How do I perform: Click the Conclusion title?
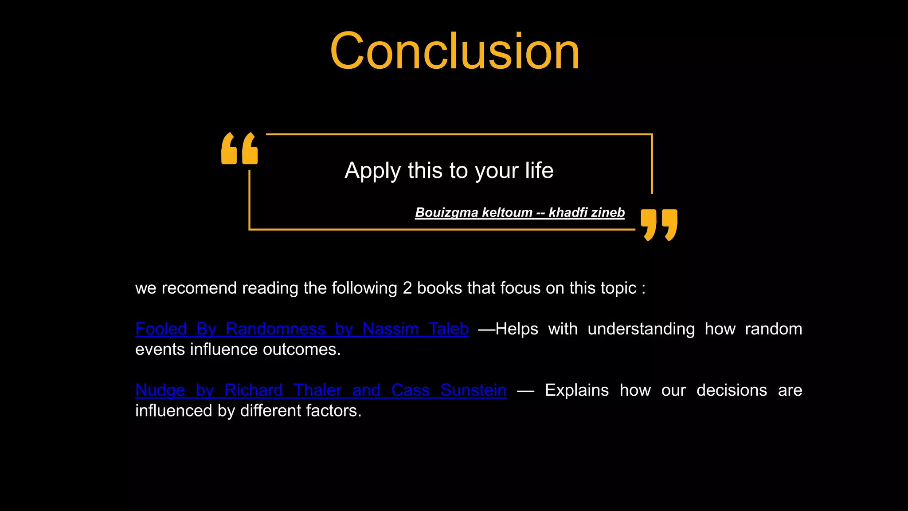click(x=454, y=51)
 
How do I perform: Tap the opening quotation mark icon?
click(x=239, y=149)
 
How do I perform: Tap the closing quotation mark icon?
click(x=659, y=224)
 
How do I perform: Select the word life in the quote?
click(x=539, y=170)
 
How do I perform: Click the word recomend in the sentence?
click(x=199, y=288)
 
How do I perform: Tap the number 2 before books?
click(x=407, y=288)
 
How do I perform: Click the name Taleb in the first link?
click(x=448, y=329)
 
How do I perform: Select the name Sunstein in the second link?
click(x=473, y=390)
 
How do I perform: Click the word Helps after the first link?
click(x=517, y=329)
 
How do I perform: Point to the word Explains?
click(x=576, y=390)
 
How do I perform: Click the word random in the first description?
click(x=773, y=329)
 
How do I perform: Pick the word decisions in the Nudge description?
click(x=732, y=390)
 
